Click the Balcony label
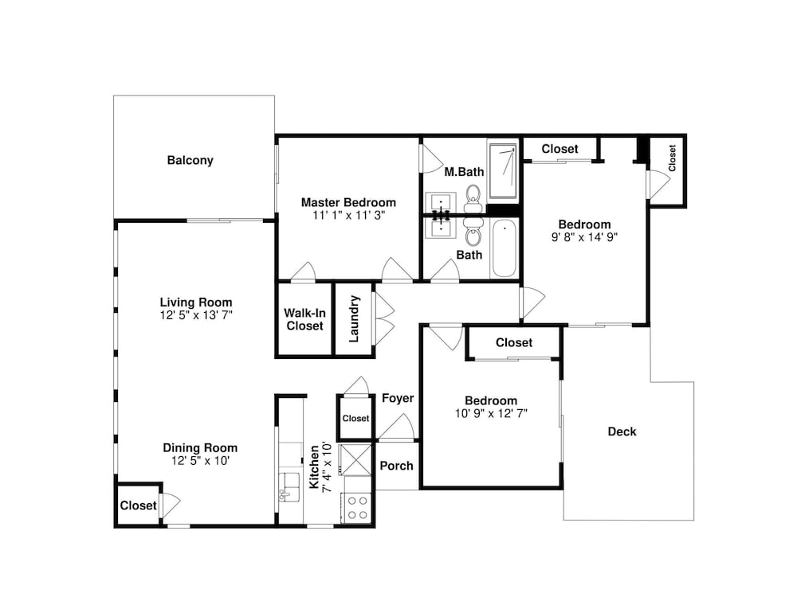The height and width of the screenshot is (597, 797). pyautogui.click(x=190, y=161)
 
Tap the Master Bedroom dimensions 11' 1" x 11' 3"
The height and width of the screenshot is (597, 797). pyautogui.click(x=349, y=215)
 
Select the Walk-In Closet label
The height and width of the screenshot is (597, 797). pyautogui.click(x=304, y=319)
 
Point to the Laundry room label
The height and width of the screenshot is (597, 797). pyautogui.click(x=355, y=319)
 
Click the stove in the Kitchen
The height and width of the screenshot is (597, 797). pyautogui.click(x=357, y=507)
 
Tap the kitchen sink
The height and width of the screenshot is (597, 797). pyautogui.click(x=289, y=487)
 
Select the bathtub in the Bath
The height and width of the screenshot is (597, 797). pyautogui.click(x=504, y=248)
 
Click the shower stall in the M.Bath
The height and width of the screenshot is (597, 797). pyautogui.click(x=503, y=171)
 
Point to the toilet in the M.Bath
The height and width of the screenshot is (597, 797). pyautogui.click(x=473, y=198)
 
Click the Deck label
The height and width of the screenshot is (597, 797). pyautogui.click(x=622, y=431)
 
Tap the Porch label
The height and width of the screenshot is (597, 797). pyautogui.click(x=396, y=466)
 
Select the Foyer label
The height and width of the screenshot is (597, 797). pyautogui.click(x=398, y=398)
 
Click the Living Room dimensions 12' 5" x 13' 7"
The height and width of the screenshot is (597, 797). pyautogui.click(x=196, y=315)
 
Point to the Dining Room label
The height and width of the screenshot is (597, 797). pyautogui.click(x=200, y=447)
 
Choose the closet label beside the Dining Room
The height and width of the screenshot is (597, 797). pyautogui.click(x=138, y=505)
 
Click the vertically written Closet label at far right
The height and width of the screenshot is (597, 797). pyautogui.click(x=672, y=158)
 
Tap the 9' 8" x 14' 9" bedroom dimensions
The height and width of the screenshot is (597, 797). pyautogui.click(x=584, y=237)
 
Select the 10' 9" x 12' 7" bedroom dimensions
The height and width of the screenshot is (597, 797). pyautogui.click(x=491, y=413)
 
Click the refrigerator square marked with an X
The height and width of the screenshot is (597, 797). pyautogui.click(x=355, y=459)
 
